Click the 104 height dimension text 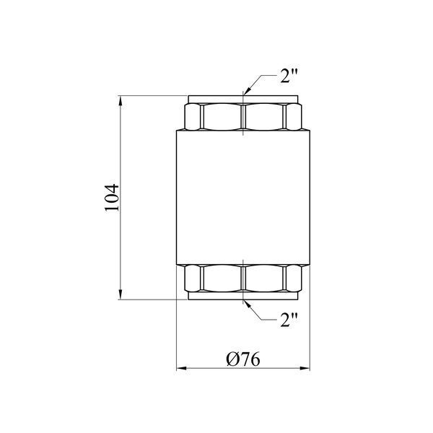pos(112,197)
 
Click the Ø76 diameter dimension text pos(243,359)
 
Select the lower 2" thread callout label pos(289,320)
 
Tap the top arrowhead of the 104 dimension pos(120,100)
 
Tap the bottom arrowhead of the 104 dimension pos(120,294)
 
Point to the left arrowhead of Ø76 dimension pos(181,368)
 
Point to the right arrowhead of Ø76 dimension pos(305,368)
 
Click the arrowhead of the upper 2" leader pos(247,92)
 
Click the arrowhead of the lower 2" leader pos(247,304)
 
